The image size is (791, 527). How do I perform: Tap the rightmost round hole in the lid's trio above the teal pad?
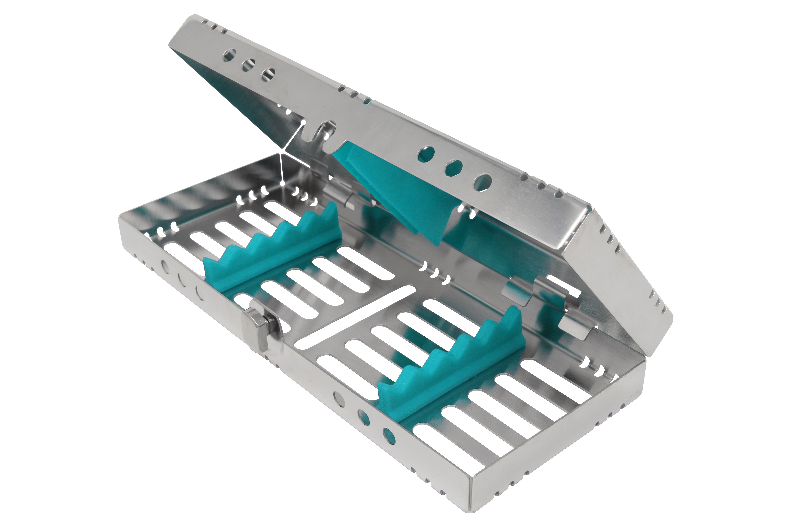483,183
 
